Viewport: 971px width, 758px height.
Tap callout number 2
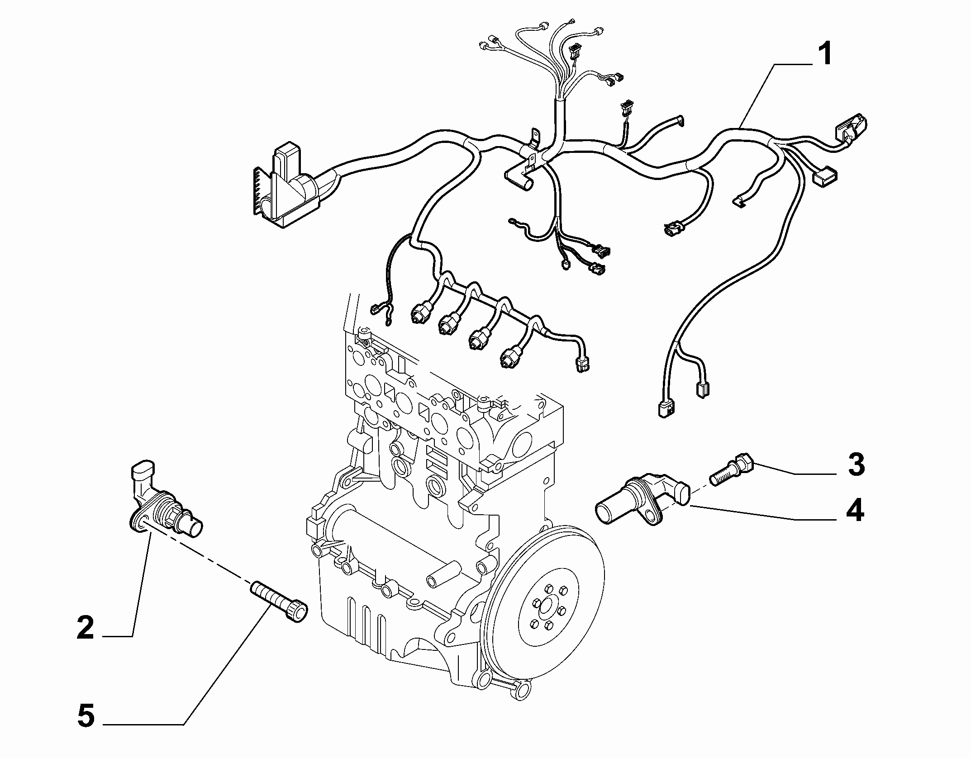(86, 627)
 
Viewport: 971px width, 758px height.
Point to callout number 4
(854, 511)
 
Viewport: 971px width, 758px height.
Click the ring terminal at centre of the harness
(565, 267)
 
